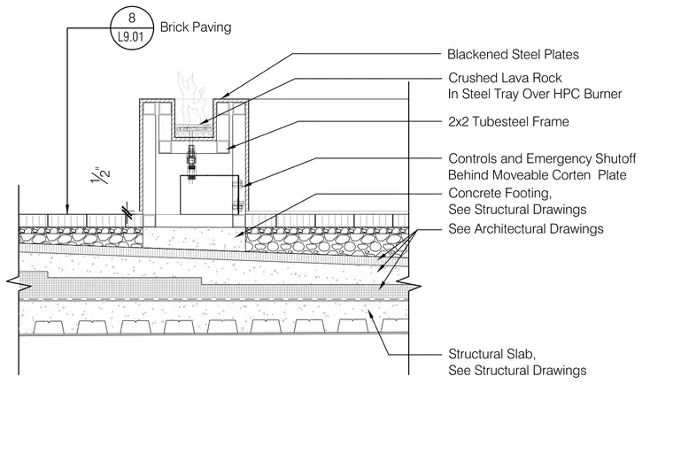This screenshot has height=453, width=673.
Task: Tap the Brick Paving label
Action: (x=196, y=27)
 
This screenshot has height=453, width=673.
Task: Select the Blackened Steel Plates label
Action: (x=513, y=55)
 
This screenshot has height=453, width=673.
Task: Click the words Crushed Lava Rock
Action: (x=505, y=78)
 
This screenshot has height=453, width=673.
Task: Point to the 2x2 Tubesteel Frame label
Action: (x=508, y=121)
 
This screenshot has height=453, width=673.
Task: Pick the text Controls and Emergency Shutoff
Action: (x=542, y=158)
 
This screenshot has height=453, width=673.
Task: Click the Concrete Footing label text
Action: (x=500, y=194)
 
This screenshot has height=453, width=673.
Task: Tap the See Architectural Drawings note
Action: (x=526, y=228)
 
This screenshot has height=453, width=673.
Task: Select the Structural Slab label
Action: (x=491, y=354)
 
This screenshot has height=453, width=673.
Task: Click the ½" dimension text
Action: (x=101, y=175)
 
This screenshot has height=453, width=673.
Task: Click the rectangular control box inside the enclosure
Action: (x=210, y=195)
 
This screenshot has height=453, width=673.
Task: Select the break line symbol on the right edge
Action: (x=408, y=285)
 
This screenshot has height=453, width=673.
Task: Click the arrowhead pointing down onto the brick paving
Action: (x=67, y=211)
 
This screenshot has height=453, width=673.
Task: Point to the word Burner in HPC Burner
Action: (x=603, y=94)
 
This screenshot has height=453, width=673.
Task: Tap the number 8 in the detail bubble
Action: (x=132, y=18)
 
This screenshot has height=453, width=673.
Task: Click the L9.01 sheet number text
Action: (x=131, y=37)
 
